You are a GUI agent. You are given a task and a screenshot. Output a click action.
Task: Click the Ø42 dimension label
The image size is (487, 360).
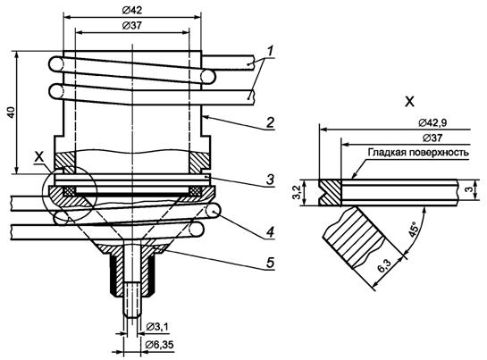132,10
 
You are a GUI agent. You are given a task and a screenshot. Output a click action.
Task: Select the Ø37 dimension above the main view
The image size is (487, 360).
132,26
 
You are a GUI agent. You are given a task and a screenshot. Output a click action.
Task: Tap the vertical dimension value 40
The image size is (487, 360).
12,113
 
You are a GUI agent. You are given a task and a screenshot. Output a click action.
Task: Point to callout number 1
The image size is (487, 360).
271,51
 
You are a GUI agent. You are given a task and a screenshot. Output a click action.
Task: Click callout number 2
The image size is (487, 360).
270,122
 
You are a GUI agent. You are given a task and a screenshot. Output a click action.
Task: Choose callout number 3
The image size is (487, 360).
270,180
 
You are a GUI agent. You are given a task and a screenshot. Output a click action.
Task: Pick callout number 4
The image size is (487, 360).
271,231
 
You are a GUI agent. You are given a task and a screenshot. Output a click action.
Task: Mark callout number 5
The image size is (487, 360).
270,263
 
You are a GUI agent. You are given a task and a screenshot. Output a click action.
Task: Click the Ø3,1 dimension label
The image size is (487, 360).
157,326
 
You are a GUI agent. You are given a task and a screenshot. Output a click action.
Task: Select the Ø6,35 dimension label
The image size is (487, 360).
160,345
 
